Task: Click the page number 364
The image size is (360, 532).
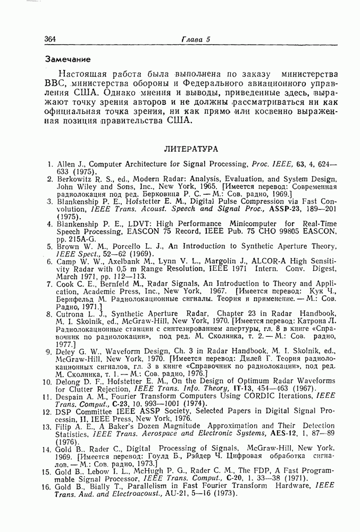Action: [x=51, y=39]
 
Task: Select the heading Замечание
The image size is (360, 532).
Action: [x=68, y=57]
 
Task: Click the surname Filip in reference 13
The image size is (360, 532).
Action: [x=65, y=426]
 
